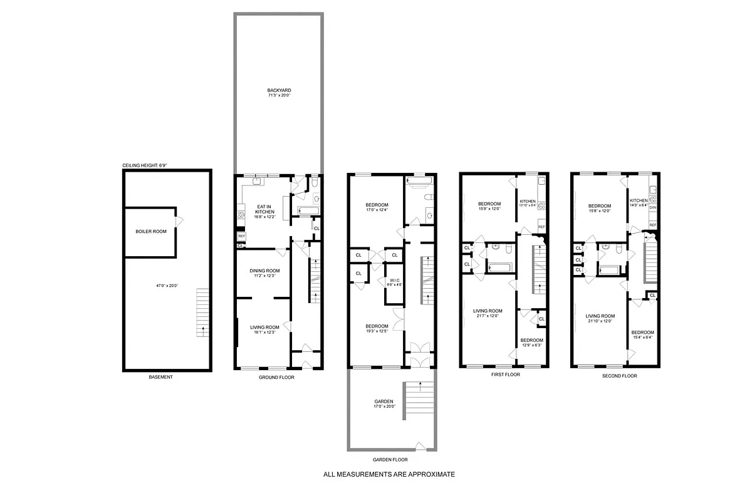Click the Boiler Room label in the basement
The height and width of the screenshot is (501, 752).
point(151,231)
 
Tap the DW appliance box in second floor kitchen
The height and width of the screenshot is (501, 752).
point(653,207)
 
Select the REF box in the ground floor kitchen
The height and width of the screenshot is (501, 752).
point(241,236)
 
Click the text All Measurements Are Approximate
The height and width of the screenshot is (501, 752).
point(389,474)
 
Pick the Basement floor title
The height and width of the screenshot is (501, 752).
point(160,377)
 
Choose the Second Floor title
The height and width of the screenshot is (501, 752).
point(619,376)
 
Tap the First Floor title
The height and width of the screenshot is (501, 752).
point(506,374)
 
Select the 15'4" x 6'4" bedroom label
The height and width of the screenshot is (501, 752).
point(642,335)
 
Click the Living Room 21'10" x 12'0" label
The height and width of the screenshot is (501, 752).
point(600,319)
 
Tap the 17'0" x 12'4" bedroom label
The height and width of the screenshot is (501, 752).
point(377,208)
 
